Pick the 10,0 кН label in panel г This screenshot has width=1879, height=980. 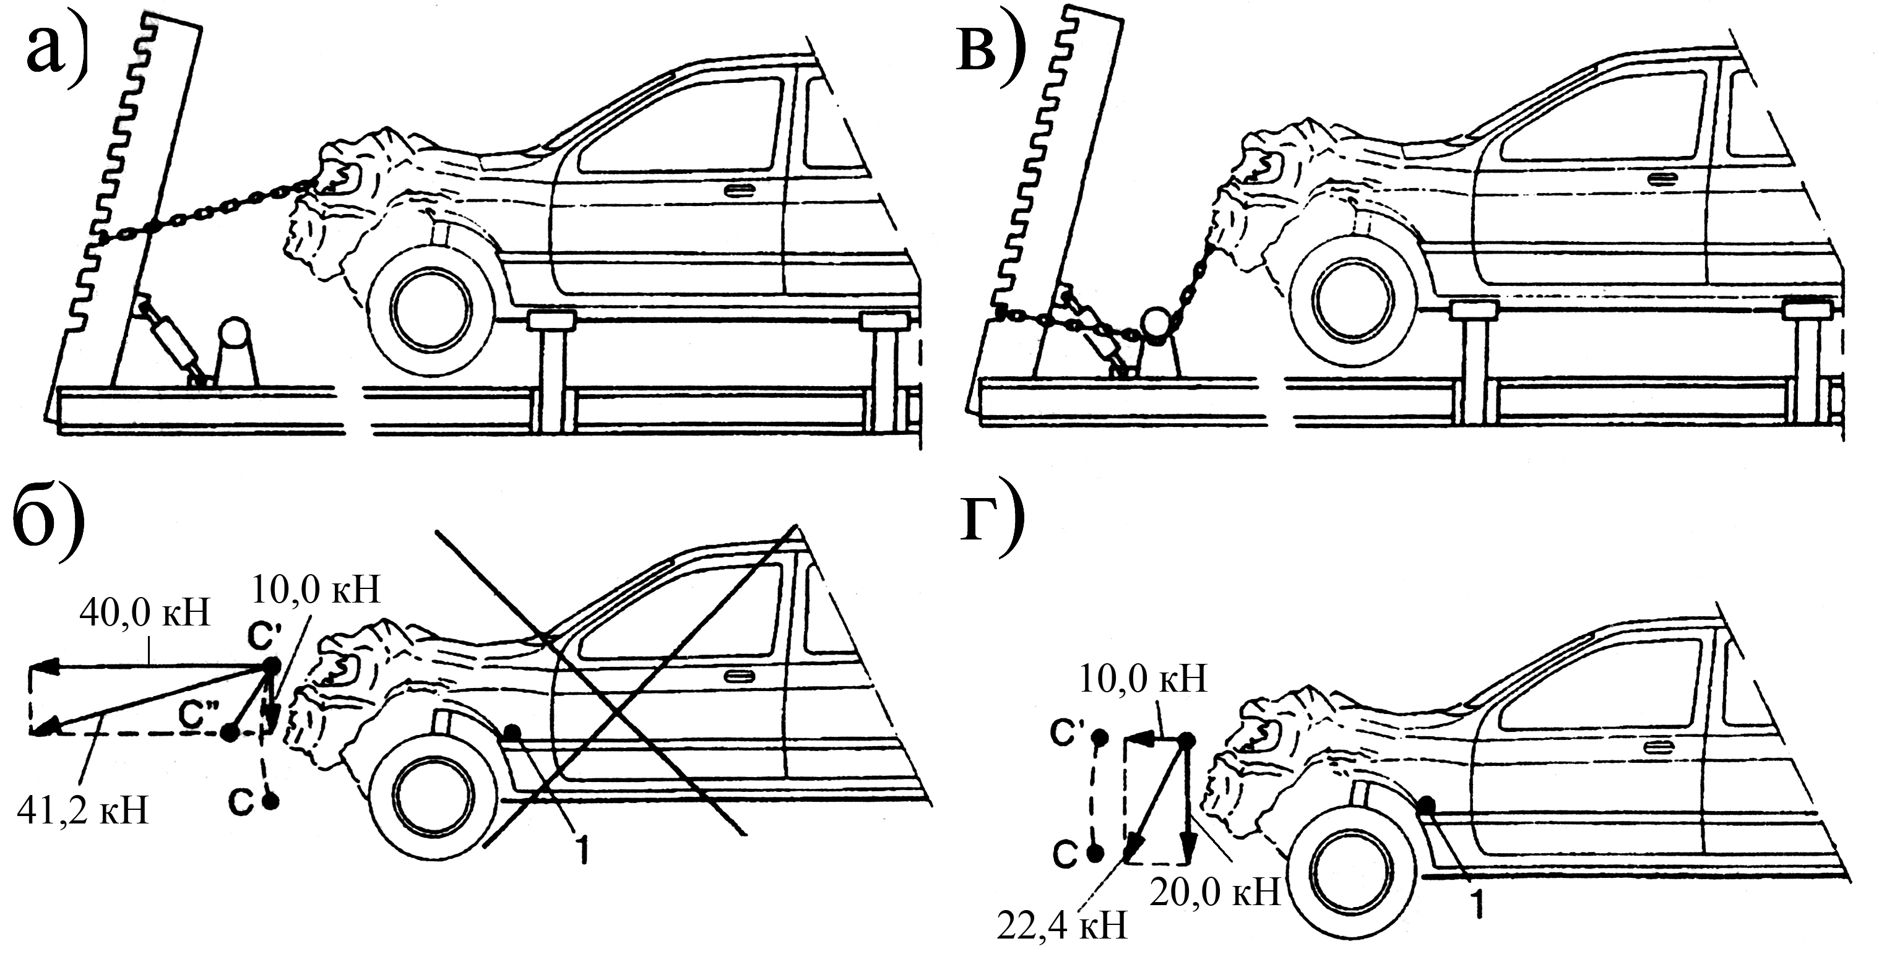point(1141,679)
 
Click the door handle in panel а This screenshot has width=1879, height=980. point(740,191)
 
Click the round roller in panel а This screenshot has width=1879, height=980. point(233,333)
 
